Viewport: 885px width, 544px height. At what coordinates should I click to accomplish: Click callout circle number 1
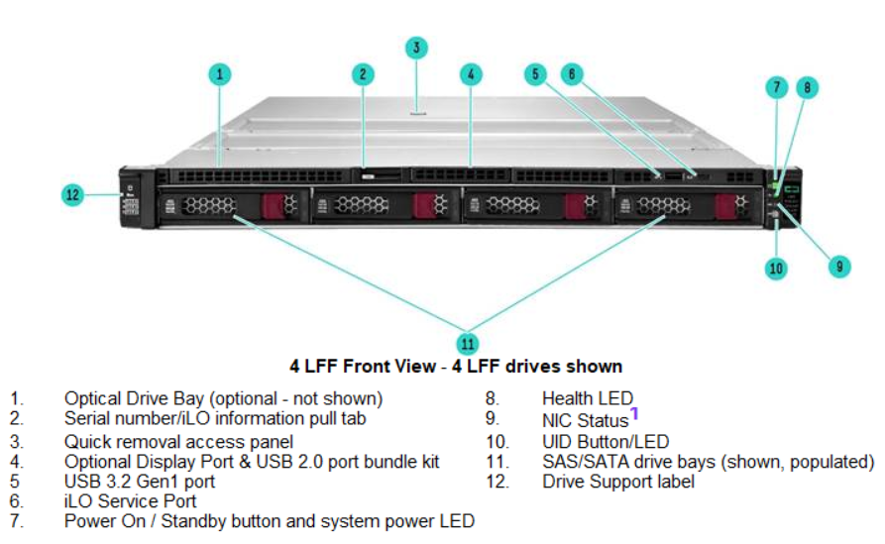pos(220,73)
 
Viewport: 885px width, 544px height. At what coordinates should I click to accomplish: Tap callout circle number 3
pos(417,47)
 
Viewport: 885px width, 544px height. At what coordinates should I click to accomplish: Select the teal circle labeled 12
pos(72,195)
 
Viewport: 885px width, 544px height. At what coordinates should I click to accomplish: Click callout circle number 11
pos(468,343)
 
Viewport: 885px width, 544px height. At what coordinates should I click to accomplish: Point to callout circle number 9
pos(838,265)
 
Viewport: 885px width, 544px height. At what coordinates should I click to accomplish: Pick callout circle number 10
pos(776,268)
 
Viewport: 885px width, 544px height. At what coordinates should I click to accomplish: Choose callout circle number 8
pos(808,87)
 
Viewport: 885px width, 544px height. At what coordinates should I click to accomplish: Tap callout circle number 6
pos(571,73)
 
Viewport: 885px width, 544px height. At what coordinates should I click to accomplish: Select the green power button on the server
pos(777,188)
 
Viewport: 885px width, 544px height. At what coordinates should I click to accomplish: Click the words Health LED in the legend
pos(588,399)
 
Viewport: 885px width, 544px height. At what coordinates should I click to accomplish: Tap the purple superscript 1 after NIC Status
pos(634,413)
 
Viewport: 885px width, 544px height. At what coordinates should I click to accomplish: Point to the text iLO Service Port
pos(130,501)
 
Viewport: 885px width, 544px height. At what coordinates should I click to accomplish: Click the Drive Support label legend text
pos(618,482)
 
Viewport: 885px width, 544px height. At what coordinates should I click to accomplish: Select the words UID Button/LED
pos(606,441)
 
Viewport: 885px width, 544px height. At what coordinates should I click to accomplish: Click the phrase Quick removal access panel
pos(178,441)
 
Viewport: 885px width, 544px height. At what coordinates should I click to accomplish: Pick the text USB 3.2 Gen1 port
pos(140,482)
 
